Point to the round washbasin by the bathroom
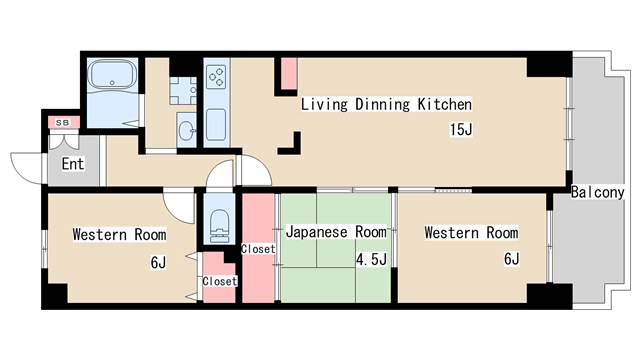pos(186,128)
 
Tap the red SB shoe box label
pos(62,122)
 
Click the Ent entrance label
pos(73,164)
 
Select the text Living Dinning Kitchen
pos(386,104)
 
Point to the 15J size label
pos(460,129)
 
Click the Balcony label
pos(598,192)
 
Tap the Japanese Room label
pos(335,232)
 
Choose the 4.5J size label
pos(371,259)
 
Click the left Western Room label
pos(119,235)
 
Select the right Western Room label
pos(471,233)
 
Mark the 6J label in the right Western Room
pos(510,259)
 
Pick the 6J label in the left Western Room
pos(158,262)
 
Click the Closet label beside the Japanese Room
pos(257,248)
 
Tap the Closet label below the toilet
pos(220,281)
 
